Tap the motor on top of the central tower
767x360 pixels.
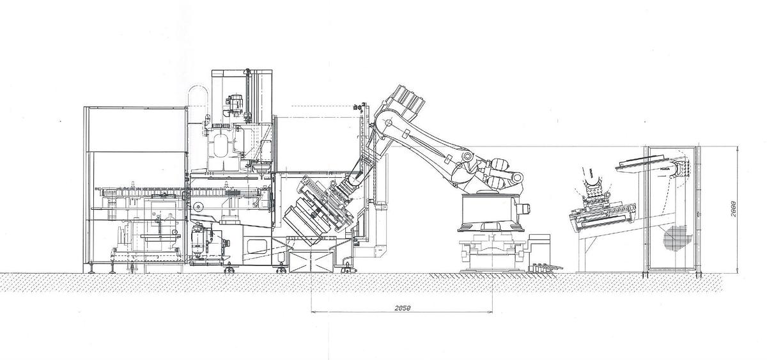click(x=236, y=102)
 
